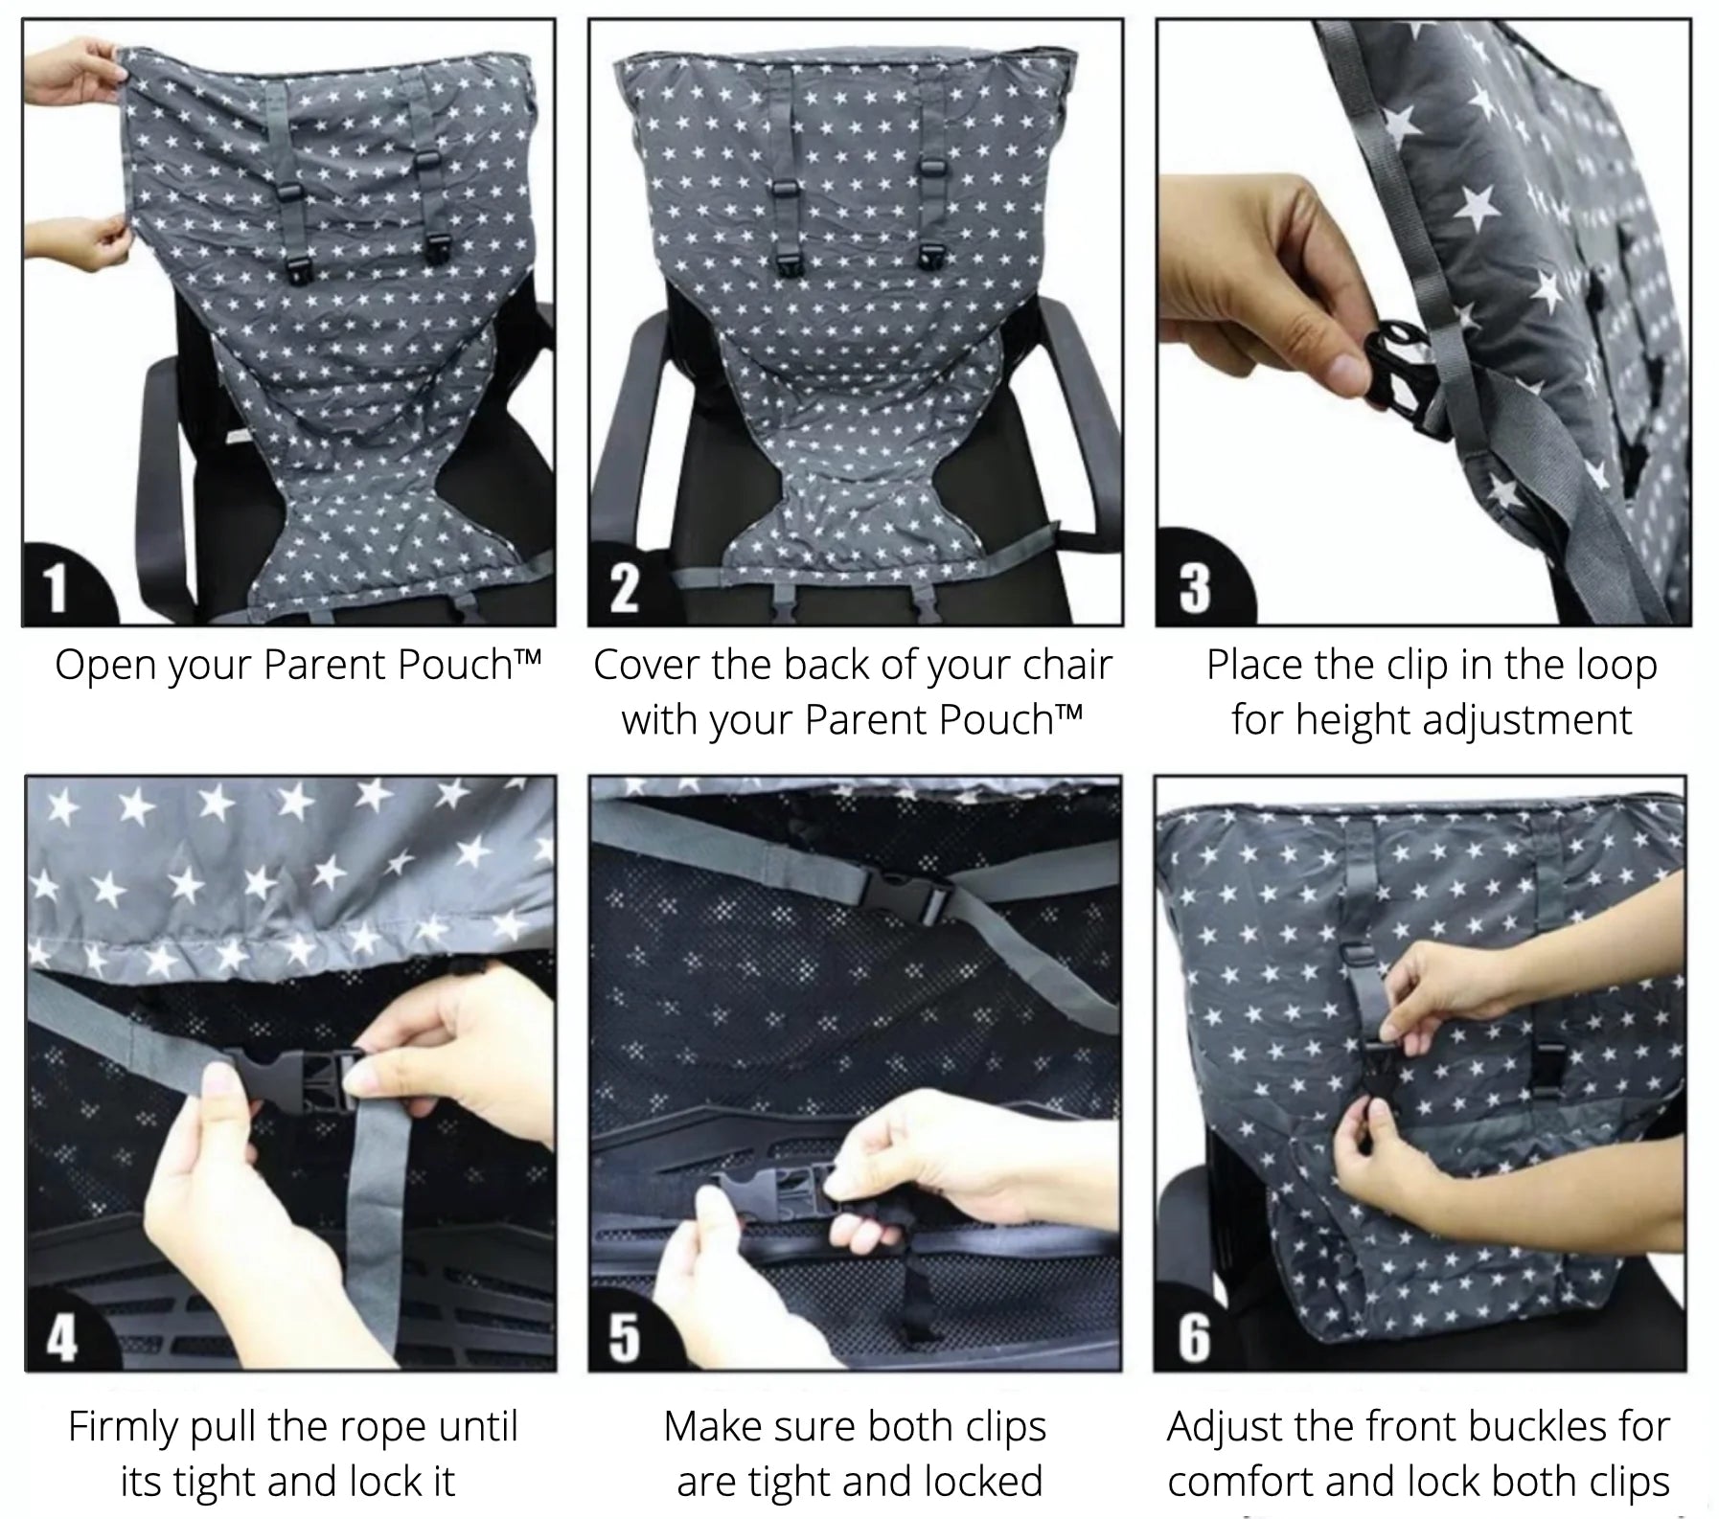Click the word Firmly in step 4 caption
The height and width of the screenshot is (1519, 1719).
[123, 1428]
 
